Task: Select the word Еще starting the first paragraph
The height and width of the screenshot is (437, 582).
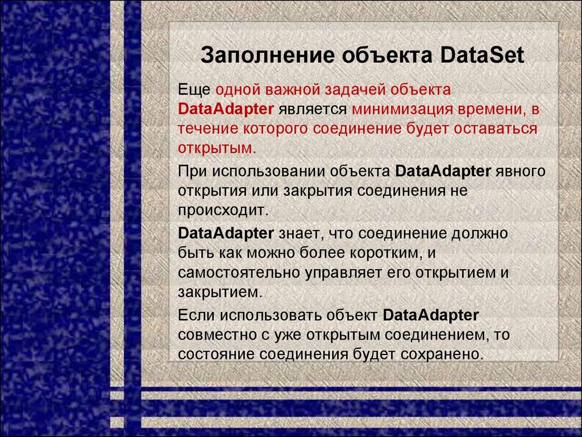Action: [194, 90]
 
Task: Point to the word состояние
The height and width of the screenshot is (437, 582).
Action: [217, 354]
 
